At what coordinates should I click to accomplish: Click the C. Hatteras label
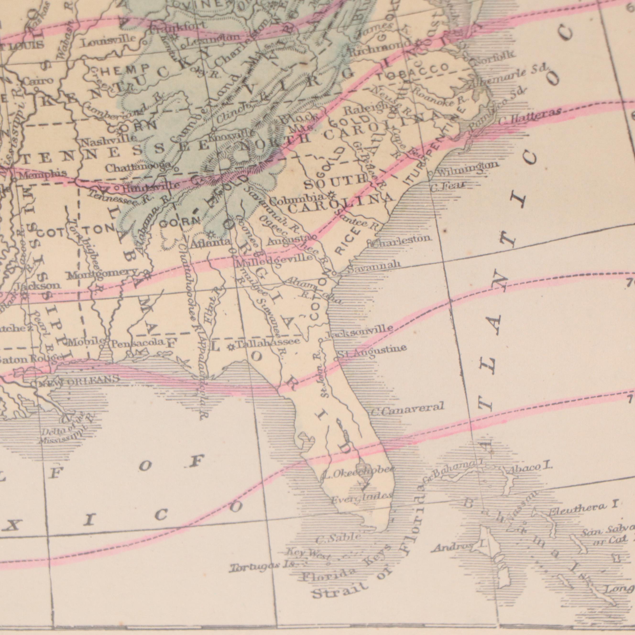tap(529, 115)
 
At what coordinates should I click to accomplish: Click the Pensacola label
tap(138, 344)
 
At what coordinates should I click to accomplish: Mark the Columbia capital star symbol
tap(331, 196)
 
